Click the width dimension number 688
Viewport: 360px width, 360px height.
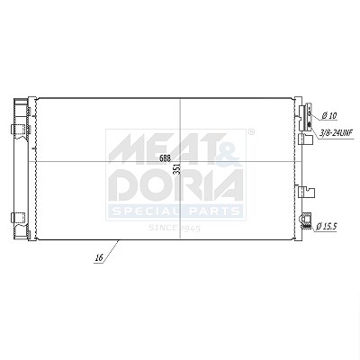click(x=166, y=158)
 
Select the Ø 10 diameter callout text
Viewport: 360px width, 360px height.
click(x=329, y=115)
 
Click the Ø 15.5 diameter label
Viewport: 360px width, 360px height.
click(x=327, y=226)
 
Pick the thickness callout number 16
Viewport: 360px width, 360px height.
click(x=99, y=256)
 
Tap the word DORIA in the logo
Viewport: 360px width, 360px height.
click(x=175, y=185)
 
